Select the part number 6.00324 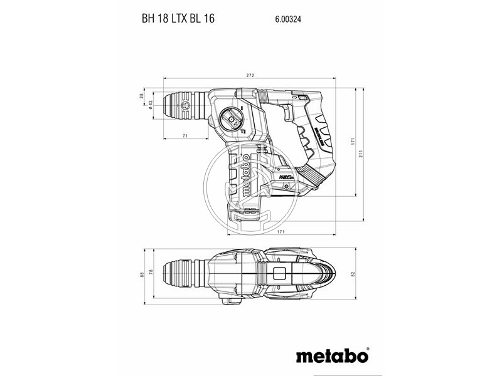pyautogui.click(x=288, y=19)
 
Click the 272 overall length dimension pyautogui.click(x=250, y=76)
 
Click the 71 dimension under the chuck pyautogui.click(x=185, y=136)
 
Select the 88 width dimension pyautogui.click(x=142, y=273)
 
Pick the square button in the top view pyautogui.click(x=279, y=274)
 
